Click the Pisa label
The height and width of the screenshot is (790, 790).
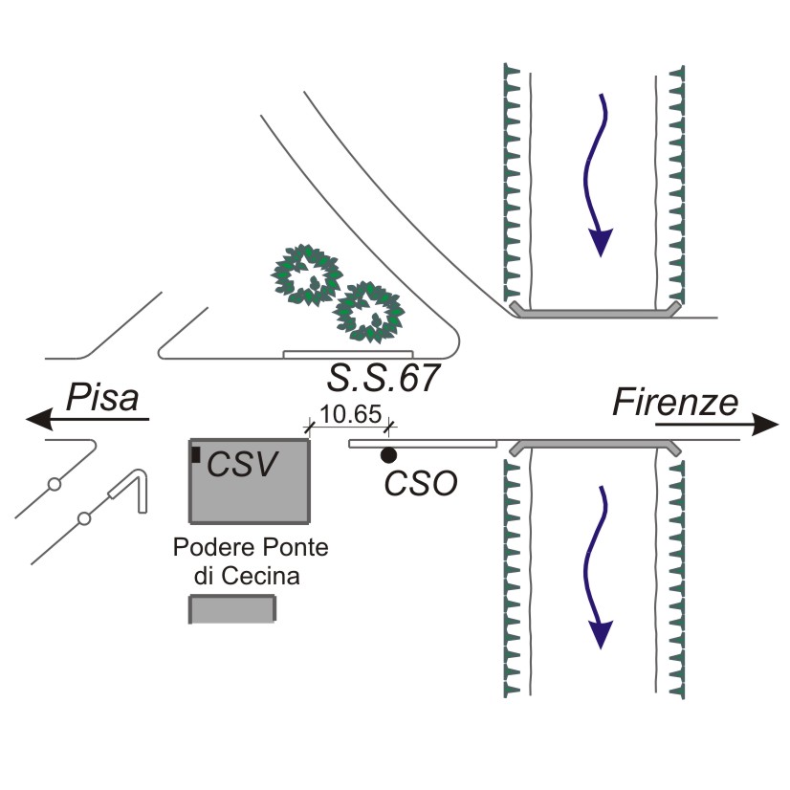(102, 397)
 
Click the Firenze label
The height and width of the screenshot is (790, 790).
(677, 402)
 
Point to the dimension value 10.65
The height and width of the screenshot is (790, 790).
(349, 417)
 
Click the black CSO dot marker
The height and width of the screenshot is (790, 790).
(389, 454)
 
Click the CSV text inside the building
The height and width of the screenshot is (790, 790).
(243, 466)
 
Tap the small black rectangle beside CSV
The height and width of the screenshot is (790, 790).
(196, 455)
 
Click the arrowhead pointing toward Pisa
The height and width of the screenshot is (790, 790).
(38, 419)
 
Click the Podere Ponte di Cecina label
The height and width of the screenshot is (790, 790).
(250, 561)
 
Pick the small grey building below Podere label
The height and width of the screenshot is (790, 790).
(233, 609)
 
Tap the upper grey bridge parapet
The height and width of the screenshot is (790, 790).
(595, 311)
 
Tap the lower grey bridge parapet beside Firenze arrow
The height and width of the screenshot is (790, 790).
(595, 447)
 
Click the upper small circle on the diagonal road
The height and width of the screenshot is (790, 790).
(55, 484)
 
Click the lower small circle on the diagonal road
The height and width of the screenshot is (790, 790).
(84, 518)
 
